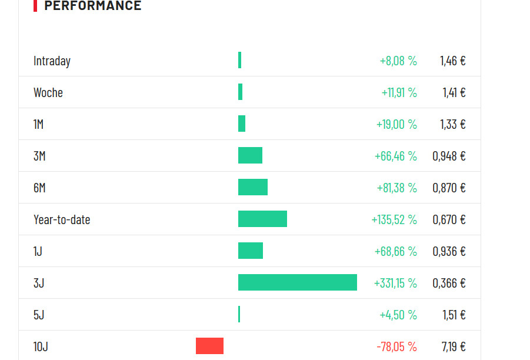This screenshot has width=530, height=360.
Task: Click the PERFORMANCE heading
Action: click(x=93, y=6)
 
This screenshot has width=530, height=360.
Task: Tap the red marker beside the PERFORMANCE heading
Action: click(x=35, y=6)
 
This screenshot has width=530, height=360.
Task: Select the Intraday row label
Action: click(x=52, y=61)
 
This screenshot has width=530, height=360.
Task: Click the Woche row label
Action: click(x=48, y=93)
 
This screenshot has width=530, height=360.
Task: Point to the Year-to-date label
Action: click(x=62, y=220)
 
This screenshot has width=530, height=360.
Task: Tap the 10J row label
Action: click(x=41, y=347)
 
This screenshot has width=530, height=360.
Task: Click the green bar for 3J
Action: click(x=298, y=282)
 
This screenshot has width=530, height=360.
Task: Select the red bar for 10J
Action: click(x=209, y=346)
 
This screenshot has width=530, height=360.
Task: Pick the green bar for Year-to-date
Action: click(x=262, y=219)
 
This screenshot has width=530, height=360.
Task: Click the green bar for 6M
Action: click(x=253, y=187)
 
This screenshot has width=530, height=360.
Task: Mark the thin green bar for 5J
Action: click(x=239, y=314)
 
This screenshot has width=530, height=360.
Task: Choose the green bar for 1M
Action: click(x=242, y=124)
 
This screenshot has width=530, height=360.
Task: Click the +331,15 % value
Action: click(x=395, y=284)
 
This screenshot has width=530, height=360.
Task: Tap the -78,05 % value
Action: click(x=396, y=347)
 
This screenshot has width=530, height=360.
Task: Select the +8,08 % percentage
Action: click(x=398, y=61)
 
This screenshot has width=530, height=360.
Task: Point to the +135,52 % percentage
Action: click(x=394, y=220)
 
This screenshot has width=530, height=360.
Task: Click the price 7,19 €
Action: click(x=454, y=347)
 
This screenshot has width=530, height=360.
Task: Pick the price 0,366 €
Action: click(x=449, y=284)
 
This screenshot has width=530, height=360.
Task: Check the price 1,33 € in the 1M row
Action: click(x=453, y=125)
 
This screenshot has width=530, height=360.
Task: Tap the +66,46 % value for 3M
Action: click(x=396, y=156)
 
